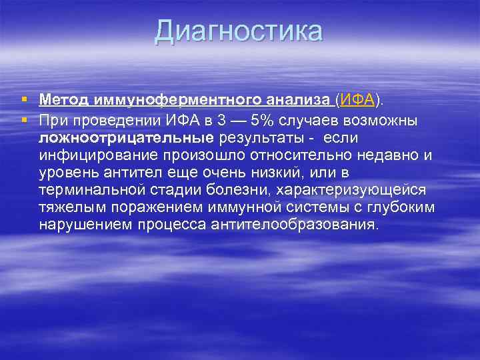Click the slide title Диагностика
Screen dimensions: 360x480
coord(239,31)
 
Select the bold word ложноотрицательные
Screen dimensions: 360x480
coord(125,138)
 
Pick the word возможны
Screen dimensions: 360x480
coord(387,120)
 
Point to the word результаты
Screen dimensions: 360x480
coord(259,138)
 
